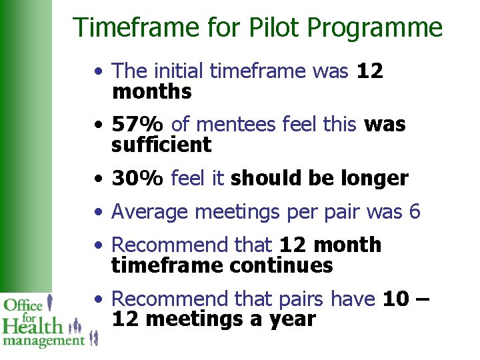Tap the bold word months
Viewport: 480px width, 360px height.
pyautogui.click(x=152, y=91)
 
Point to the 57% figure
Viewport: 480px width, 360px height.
pyautogui.click(x=138, y=124)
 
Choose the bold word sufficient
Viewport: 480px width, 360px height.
pyautogui.click(x=161, y=145)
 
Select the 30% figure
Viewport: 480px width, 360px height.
pyautogui.click(x=138, y=178)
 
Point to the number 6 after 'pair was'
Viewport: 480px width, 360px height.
pyautogui.click(x=414, y=211)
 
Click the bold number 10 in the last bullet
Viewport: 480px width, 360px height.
pyautogui.click(x=396, y=299)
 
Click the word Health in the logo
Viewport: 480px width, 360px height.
pyautogui.click(x=33, y=325)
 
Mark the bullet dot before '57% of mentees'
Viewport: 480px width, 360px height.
pyautogui.click(x=98, y=125)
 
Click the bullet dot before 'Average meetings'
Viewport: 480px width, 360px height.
pyautogui.click(x=98, y=213)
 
